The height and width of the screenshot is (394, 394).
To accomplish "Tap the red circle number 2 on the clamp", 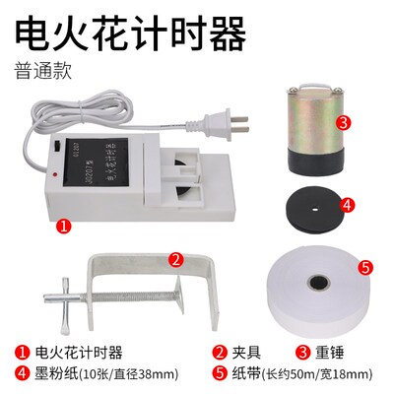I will click(174, 260).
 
